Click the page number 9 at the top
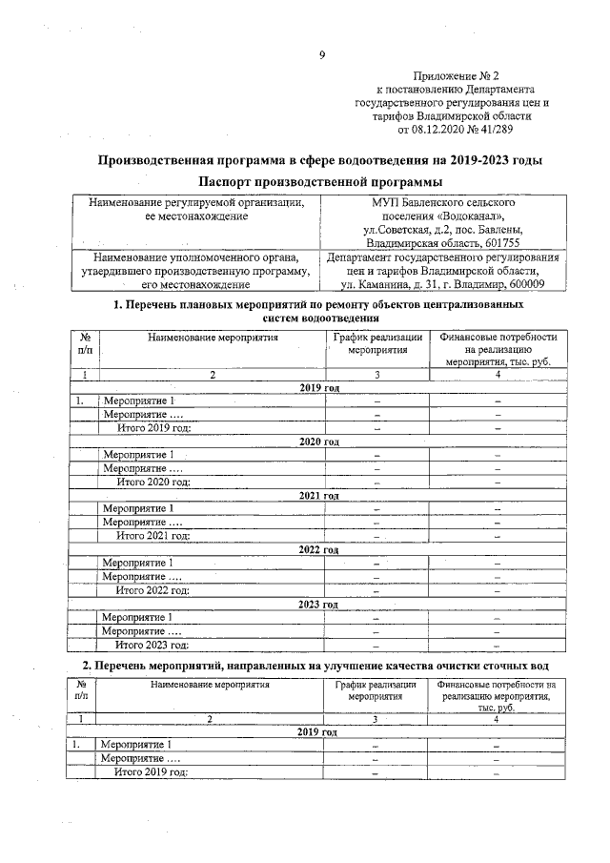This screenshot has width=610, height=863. coord(321,55)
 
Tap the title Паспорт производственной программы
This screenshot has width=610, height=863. coord(320,181)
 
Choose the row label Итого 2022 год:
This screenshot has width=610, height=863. coord(152,590)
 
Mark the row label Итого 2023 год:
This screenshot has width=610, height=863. coord(152,645)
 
